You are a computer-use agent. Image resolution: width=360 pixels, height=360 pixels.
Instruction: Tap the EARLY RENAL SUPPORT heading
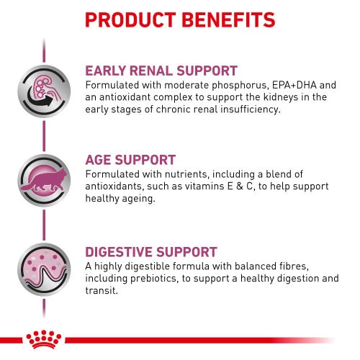pyautogui.click(x=161, y=71)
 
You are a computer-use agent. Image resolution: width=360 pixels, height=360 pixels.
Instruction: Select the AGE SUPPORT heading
pyautogui.click(x=130, y=161)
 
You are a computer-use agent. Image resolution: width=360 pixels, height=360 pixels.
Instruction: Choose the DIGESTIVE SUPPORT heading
pyautogui.click(x=151, y=252)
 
